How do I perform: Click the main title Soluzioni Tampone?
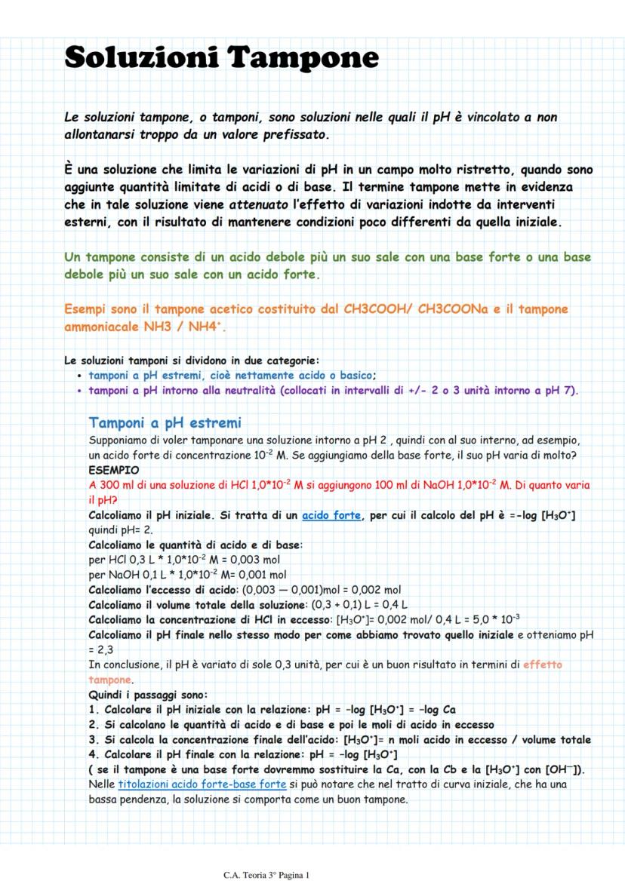coord(221,57)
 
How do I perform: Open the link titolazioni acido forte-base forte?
coord(202,785)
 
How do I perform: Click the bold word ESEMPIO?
coord(109,469)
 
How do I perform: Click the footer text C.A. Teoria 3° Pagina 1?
coord(267,875)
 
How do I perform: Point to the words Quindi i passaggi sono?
coord(148,695)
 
